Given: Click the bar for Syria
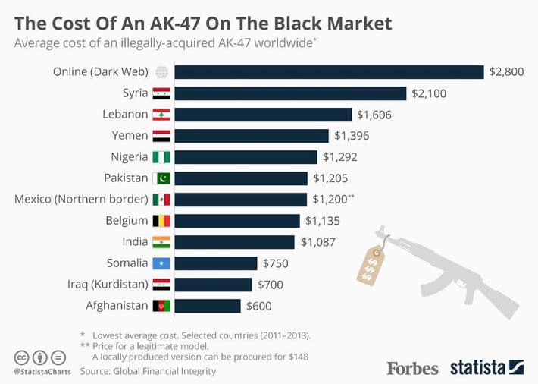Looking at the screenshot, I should coord(290,93).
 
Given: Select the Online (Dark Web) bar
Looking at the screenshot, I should coord(329,72).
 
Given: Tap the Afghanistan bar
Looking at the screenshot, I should coord(208,306).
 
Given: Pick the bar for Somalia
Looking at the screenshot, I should coord(216,263).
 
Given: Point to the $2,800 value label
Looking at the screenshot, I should coord(506,72).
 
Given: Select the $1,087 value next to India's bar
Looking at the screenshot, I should coord(317,242).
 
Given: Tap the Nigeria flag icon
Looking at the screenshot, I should coord(161,157).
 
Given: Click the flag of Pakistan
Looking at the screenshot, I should coord(161,178).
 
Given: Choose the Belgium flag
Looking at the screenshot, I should coord(161,221).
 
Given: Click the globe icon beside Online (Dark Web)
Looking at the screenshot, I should coord(161,72).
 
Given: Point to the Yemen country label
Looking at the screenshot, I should coord(130,136).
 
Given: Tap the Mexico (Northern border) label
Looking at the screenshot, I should coord(80,200).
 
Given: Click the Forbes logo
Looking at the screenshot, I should coord(412,368).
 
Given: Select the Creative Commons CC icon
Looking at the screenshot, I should coord(21,356).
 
